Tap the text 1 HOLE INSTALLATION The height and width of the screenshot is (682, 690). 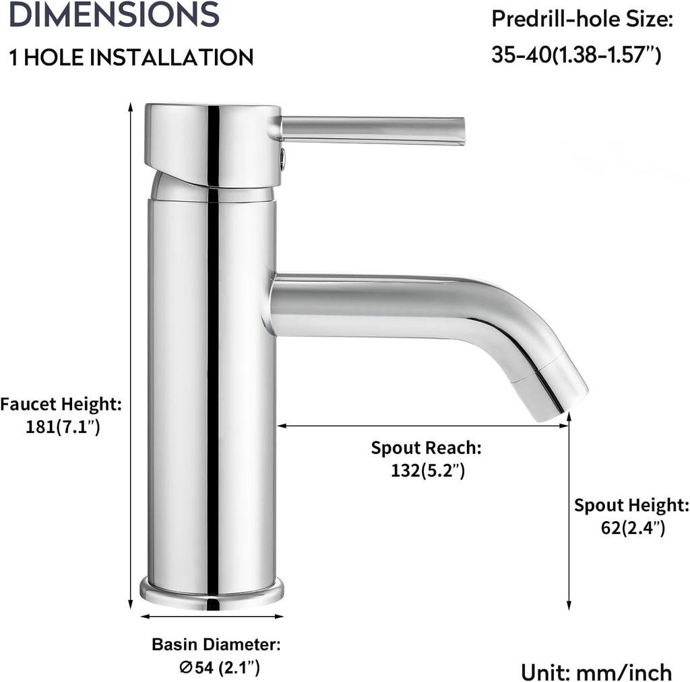tap(131, 57)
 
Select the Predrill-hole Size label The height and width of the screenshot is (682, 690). tap(582, 19)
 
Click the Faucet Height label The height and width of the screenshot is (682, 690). tap(61, 405)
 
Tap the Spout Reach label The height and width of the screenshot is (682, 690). tap(427, 448)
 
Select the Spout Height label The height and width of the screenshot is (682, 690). tap(631, 506)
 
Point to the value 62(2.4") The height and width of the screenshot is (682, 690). tap(633, 528)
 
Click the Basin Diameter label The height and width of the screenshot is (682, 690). tap(216, 644)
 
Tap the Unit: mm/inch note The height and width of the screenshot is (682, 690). tap(596, 671)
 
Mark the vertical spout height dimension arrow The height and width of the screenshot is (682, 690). tap(569, 512)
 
